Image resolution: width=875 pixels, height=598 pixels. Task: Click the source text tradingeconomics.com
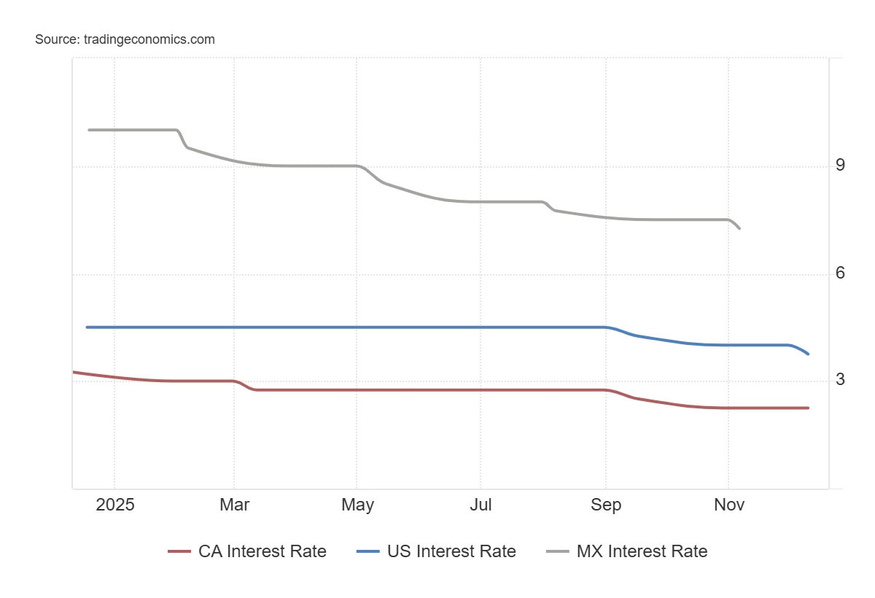coord(125,39)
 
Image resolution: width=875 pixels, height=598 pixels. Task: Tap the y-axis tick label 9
coord(840,165)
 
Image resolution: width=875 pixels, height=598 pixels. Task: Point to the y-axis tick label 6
coord(840,273)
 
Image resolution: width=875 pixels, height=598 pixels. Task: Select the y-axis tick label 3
coord(840,379)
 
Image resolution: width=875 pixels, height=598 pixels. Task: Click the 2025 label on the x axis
coord(115,505)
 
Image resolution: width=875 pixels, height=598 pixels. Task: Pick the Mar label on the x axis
coord(234,505)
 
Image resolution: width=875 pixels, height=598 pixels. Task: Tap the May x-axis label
coord(357,505)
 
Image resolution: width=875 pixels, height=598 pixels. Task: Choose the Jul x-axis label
coord(481,505)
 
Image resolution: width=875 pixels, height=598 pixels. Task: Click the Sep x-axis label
coord(606,505)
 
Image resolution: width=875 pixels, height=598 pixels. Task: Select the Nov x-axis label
coord(728,505)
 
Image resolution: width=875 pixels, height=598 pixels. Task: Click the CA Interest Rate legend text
coord(262,551)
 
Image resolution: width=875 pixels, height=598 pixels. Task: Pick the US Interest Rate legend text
coord(451,551)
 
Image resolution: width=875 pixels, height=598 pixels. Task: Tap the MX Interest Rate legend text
coord(642,551)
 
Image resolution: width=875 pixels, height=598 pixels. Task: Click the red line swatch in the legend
coord(179,551)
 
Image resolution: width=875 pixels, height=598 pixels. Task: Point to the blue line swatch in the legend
coord(368,551)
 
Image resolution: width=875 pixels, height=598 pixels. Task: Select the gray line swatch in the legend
coord(558,551)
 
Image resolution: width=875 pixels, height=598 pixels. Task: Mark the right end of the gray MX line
coord(739,228)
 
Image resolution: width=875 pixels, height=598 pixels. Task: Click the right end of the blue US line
coord(808,354)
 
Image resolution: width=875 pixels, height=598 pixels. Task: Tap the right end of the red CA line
coord(808,408)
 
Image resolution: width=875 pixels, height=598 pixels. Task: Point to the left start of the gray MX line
coord(89,130)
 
